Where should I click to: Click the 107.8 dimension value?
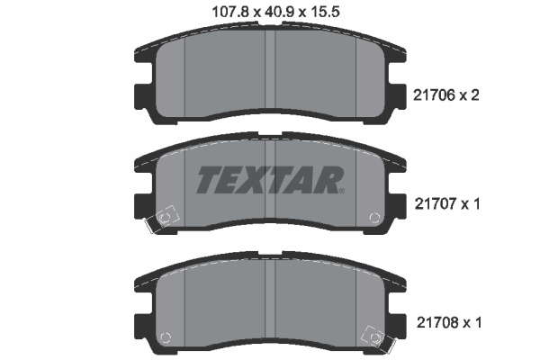point(230,13)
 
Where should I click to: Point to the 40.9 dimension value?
point(280,13)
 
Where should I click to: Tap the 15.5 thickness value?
point(325,13)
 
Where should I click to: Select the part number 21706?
point(434,95)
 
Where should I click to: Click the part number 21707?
point(436,204)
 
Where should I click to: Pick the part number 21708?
point(437,323)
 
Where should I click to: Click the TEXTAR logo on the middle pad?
point(270,179)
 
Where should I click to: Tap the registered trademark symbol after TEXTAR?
point(341,191)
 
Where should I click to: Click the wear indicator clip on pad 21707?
point(162,219)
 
